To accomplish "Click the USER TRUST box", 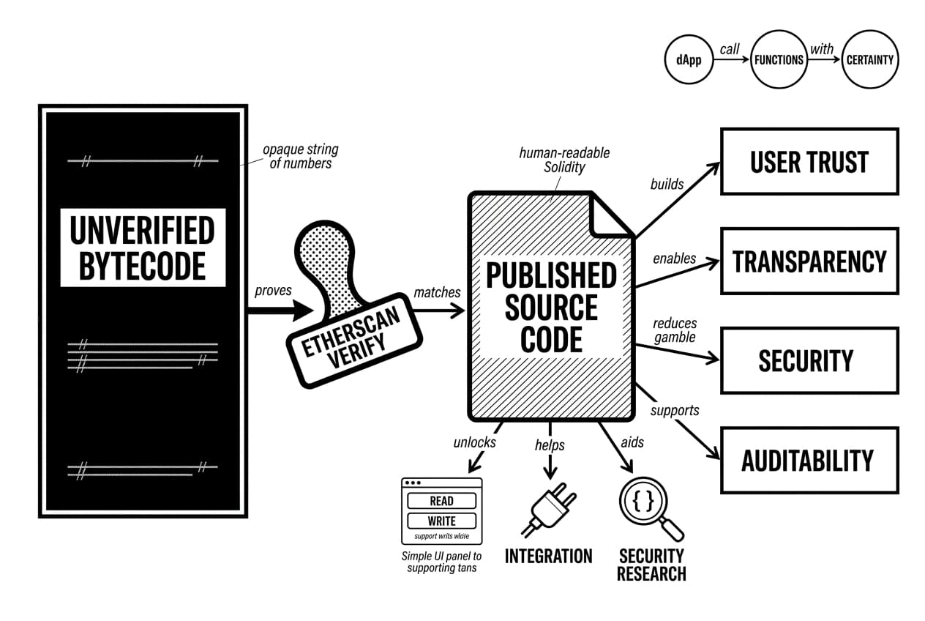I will pyautogui.click(x=809, y=162).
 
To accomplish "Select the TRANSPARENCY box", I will pyautogui.click(x=809, y=261).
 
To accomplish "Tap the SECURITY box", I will pyautogui.click(x=809, y=361).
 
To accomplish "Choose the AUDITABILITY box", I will pyautogui.click(x=809, y=461).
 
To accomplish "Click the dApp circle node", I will pyautogui.click(x=689, y=60).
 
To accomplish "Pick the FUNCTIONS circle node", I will pyautogui.click(x=779, y=60).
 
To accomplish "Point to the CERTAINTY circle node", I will pyautogui.click(x=869, y=60).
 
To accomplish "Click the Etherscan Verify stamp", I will pyautogui.click(x=352, y=322).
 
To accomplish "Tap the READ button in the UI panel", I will pyautogui.click(x=441, y=502).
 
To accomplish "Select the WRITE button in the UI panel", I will pyautogui.click(x=441, y=521).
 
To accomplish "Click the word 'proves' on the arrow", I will pyautogui.click(x=273, y=291).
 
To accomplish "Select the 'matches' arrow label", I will pyautogui.click(x=437, y=292).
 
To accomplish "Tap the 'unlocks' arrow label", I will pyautogui.click(x=474, y=442).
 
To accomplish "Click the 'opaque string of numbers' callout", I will pyautogui.click(x=300, y=157).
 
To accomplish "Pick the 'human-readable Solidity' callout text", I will pyautogui.click(x=564, y=160).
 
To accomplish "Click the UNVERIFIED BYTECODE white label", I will pyautogui.click(x=143, y=248).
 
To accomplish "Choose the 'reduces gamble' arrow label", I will pyautogui.click(x=675, y=330).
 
